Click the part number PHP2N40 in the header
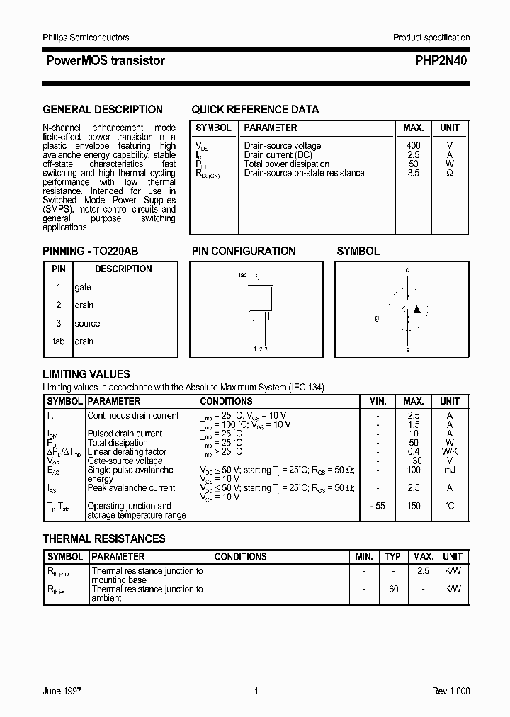pos(441,61)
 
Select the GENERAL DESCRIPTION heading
pos(103,110)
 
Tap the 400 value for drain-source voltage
pos(413,145)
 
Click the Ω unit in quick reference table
pos(449,173)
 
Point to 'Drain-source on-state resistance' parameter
pos(304,173)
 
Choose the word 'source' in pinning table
pos(87,324)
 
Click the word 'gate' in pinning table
pos(83,288)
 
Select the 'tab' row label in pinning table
pos(59,341)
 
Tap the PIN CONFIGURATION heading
pos(244,252)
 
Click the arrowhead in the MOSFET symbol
pos(417,309)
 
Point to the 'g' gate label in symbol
pos(377,318)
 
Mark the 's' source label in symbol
pos(407,349)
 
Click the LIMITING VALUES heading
pos(86,374)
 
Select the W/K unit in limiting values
pos(449,452)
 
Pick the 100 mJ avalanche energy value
pos(414,470)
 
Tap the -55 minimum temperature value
pos(378,506)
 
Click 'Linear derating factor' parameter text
pos(127,452)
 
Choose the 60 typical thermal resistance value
pos(394,589)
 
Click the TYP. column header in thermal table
pos(394,557)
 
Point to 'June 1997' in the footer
pos(62,691)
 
